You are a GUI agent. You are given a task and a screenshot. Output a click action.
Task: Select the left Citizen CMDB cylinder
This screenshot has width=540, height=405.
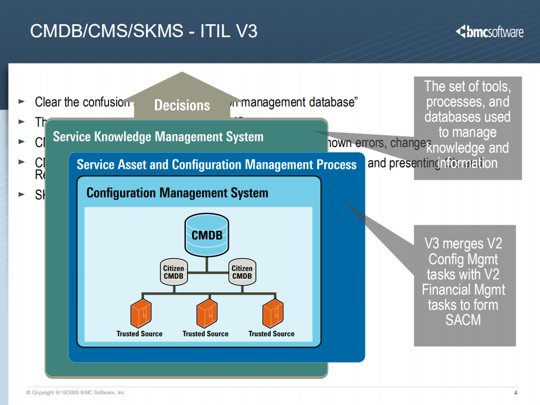pyautogui.click(x=173, y=273)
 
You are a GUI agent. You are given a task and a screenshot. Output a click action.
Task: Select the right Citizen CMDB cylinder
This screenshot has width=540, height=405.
pyautogui.click(x=242, y=273)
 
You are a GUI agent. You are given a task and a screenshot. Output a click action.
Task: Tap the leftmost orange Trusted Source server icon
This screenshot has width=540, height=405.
pyautogui.click(x=140, y=314)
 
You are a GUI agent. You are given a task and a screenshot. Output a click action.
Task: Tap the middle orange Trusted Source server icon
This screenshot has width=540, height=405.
pyautogui.click(x=206, y=314)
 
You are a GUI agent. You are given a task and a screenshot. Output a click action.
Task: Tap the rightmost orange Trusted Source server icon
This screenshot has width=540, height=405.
pyautogui.click(x=272, y=314)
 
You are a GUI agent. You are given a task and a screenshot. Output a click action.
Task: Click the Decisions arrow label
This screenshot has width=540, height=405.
pyautogui.click(x=182, y=105)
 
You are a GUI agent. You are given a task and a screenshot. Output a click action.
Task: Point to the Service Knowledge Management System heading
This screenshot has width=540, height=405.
pyautogui.click(x=158, y=137)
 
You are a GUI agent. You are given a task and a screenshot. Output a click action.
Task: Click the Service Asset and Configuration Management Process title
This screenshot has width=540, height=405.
pyautogui.click(x=217, y=164)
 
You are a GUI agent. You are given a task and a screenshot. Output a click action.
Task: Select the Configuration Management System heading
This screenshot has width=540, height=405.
pyautogui.click(x=177, y=193)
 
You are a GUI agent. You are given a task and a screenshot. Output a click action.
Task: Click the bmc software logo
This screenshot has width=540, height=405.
pyautogui.click(x=489, y=32)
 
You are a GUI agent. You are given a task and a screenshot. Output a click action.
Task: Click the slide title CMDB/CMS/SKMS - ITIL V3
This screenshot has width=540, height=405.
pyautogui.click(x=144, y=31)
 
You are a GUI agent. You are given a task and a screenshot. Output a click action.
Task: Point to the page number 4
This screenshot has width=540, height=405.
pyautogui.click(x=515, y=393)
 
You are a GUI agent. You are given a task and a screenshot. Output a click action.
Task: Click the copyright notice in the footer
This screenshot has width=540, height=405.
pyautogui.click(x=75, y=393)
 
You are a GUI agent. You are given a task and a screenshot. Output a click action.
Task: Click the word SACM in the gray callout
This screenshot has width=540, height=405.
pyautogui.click(x=464, y=320)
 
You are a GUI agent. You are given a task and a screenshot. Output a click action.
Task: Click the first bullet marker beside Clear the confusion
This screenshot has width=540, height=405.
pyautogui.click(x=22, y=102)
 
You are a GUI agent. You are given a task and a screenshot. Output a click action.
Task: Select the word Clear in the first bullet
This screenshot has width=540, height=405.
pyautogui.click(x=48, y=102)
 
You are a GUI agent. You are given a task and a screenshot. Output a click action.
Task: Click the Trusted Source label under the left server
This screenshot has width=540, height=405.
pyautogui.click(x=140, y=334)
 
